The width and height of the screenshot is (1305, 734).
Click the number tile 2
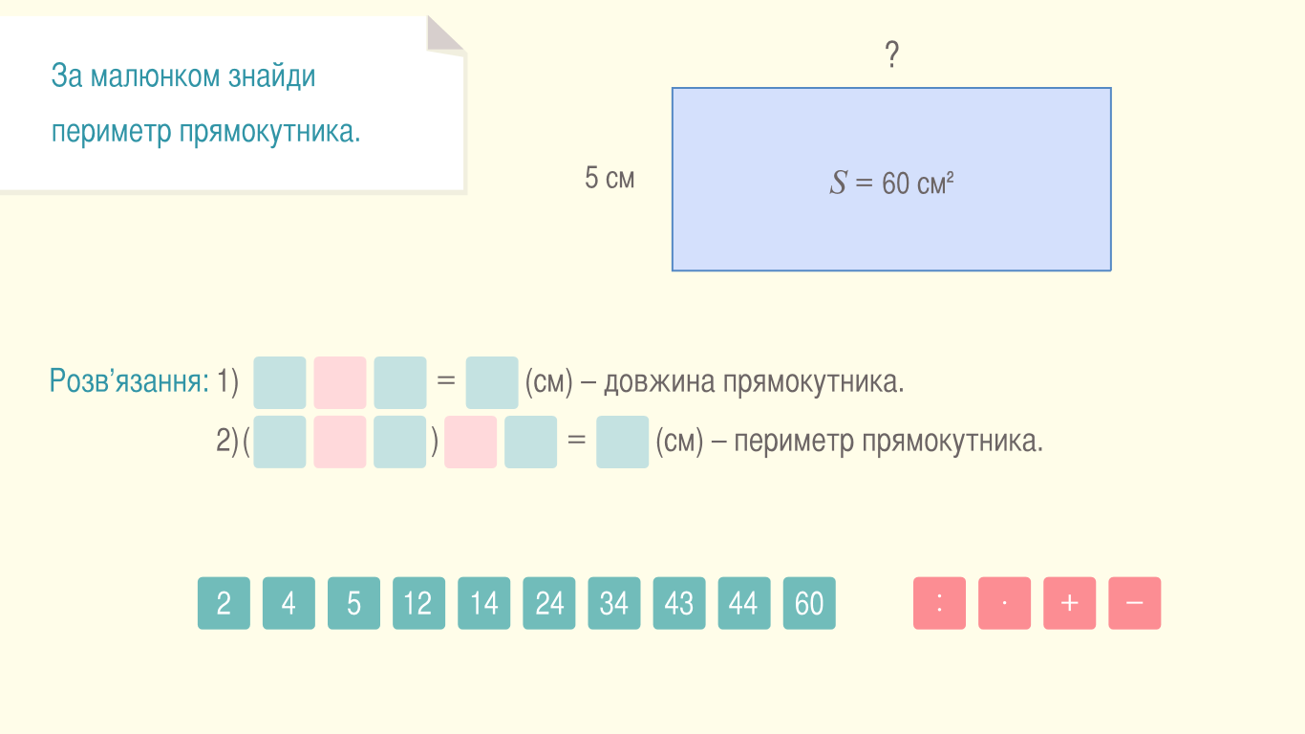[224, 603]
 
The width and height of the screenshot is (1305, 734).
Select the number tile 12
[418, 603]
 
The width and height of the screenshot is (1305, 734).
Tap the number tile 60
[809, 603]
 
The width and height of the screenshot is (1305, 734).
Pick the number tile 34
[614, 603]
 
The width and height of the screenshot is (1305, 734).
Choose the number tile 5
[353, 603]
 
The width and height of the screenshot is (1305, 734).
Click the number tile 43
[679, 603]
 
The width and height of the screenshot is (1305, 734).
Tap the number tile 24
[548, 603]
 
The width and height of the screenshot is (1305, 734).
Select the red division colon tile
[939, 603]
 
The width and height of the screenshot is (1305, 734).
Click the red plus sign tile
[1070, 603]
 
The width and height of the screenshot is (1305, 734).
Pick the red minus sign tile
[1134, 603]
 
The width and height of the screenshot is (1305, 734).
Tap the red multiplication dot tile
[1004, 603]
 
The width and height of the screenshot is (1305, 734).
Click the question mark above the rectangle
[892, 54]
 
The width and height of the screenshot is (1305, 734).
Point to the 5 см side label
[610, 178]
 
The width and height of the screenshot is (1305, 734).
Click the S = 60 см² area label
[891, 183]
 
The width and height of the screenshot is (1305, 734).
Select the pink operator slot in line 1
[340, 382]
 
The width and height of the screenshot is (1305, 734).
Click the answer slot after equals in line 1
[492, 382]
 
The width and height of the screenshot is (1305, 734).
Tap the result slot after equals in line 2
[622, 442]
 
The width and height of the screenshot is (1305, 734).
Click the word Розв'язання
[129, 381]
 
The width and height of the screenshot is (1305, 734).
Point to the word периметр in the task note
[111, 132]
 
